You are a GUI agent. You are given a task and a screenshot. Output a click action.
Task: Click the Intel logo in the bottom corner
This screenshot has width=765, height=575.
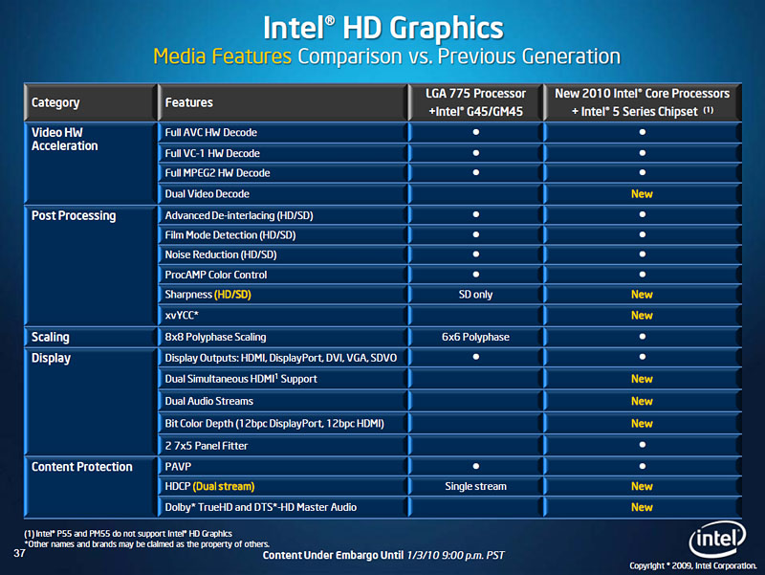point(718,536)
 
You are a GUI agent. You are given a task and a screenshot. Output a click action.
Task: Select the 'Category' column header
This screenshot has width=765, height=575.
point(55,102)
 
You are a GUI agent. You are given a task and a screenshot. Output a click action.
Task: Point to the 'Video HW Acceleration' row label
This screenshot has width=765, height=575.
point(65,139)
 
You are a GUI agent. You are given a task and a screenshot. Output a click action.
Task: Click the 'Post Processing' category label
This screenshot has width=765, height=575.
point(74,215)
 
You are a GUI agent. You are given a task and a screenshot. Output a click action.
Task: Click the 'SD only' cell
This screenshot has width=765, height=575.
point(475,295)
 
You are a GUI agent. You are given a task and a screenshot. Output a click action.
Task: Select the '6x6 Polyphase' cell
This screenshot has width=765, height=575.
point(475,337)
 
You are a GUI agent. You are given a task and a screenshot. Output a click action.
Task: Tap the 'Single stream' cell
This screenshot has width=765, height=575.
point(475,487)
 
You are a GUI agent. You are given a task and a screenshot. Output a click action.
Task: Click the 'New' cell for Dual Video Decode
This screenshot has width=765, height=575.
point(642,194)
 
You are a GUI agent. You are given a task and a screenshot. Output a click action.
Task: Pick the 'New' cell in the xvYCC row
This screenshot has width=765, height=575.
point(642,316)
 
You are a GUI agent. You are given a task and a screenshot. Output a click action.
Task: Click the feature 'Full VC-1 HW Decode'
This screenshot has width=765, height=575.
point(212,153)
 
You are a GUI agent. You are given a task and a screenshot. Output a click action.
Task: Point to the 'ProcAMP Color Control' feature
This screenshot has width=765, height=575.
point(216,275)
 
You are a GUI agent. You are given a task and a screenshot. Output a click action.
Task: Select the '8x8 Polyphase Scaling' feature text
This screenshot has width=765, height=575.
point(215,337)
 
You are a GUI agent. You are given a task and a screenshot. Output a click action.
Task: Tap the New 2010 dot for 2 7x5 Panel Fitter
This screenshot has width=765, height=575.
point(642,445)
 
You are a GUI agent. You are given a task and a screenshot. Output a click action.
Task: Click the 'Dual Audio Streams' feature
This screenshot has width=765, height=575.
point(208,401)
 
